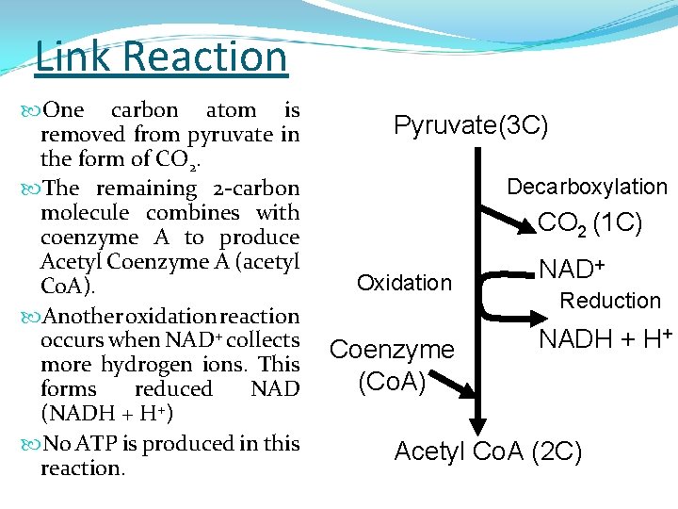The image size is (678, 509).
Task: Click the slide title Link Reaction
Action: click(x=161, y=57)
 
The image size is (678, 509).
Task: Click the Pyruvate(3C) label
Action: click(x=471, y=125)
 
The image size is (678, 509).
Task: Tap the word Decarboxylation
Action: click(x=587, y=187)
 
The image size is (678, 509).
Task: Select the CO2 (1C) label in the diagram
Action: click(x=589, y=223)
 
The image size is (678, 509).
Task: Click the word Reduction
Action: click(x=610, y=301)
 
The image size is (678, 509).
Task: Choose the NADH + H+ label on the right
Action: click(x=605, y=338)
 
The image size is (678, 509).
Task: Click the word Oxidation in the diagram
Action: click(x=404, y=283)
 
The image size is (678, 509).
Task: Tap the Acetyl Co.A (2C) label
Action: click(x=488, y=452)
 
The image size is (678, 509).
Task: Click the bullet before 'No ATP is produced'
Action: click(x=29, y=443)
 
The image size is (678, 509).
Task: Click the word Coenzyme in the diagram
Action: click(x=392, y=350)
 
